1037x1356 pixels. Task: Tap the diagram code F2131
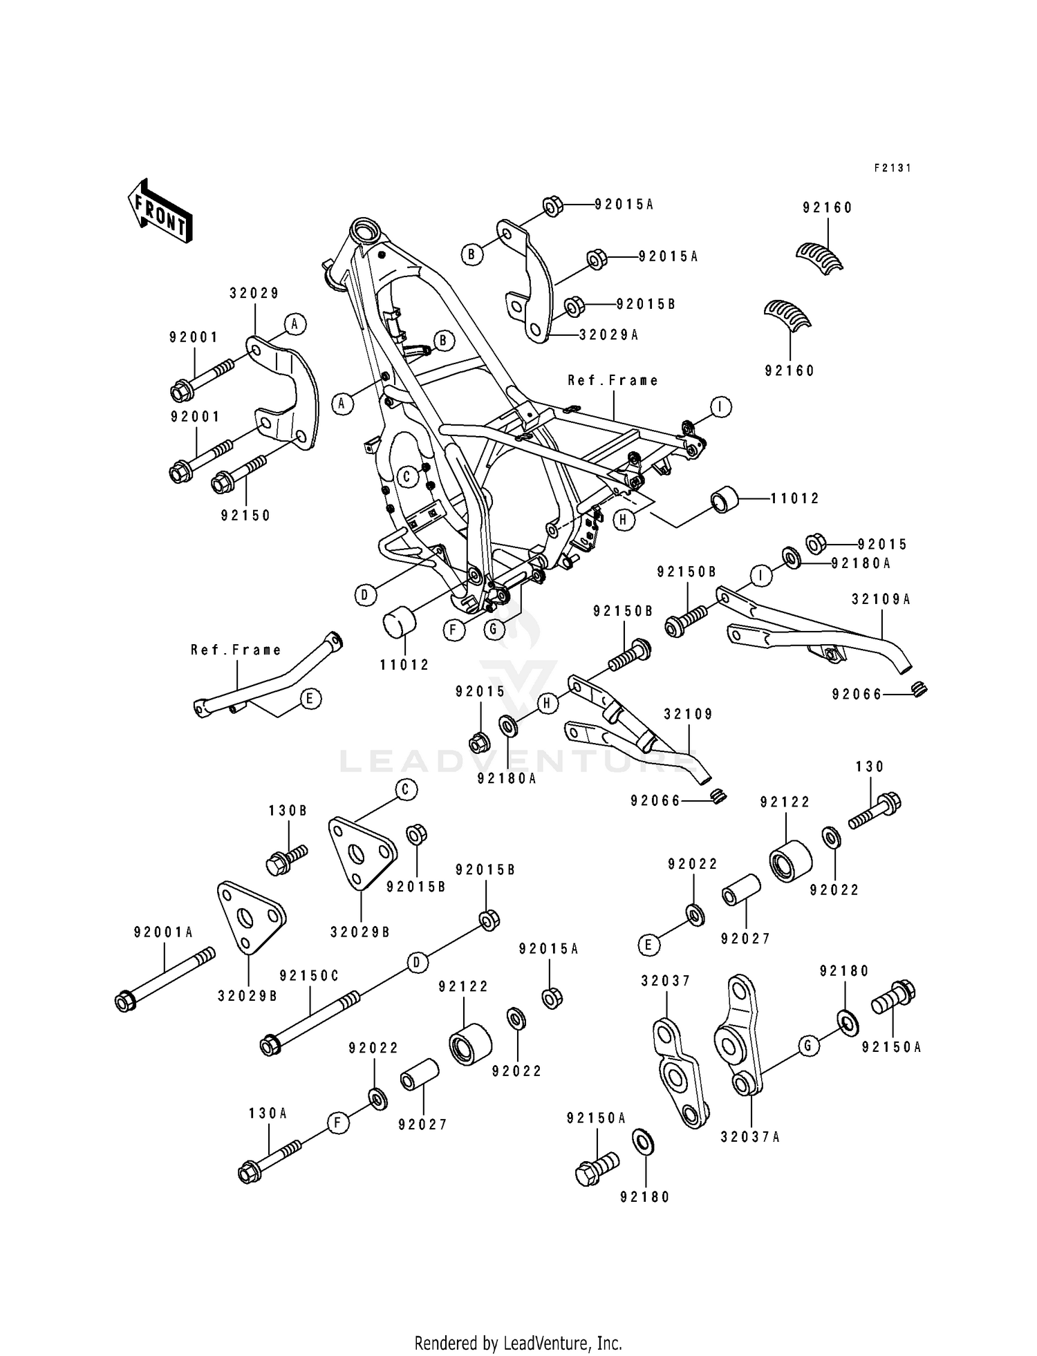893,168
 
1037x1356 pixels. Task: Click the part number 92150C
309,975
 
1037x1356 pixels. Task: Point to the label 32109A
881,600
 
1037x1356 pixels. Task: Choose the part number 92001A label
163,932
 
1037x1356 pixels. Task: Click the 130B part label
288,811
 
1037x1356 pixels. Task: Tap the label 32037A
749,1137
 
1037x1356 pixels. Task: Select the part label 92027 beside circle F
422,1124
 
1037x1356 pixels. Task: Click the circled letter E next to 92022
649,945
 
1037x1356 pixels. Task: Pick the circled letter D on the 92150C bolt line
416,963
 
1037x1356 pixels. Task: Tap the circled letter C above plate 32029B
406,789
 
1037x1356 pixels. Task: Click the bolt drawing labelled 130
875,811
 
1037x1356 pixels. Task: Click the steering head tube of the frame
364,229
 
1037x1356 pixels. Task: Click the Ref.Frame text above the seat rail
613,380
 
